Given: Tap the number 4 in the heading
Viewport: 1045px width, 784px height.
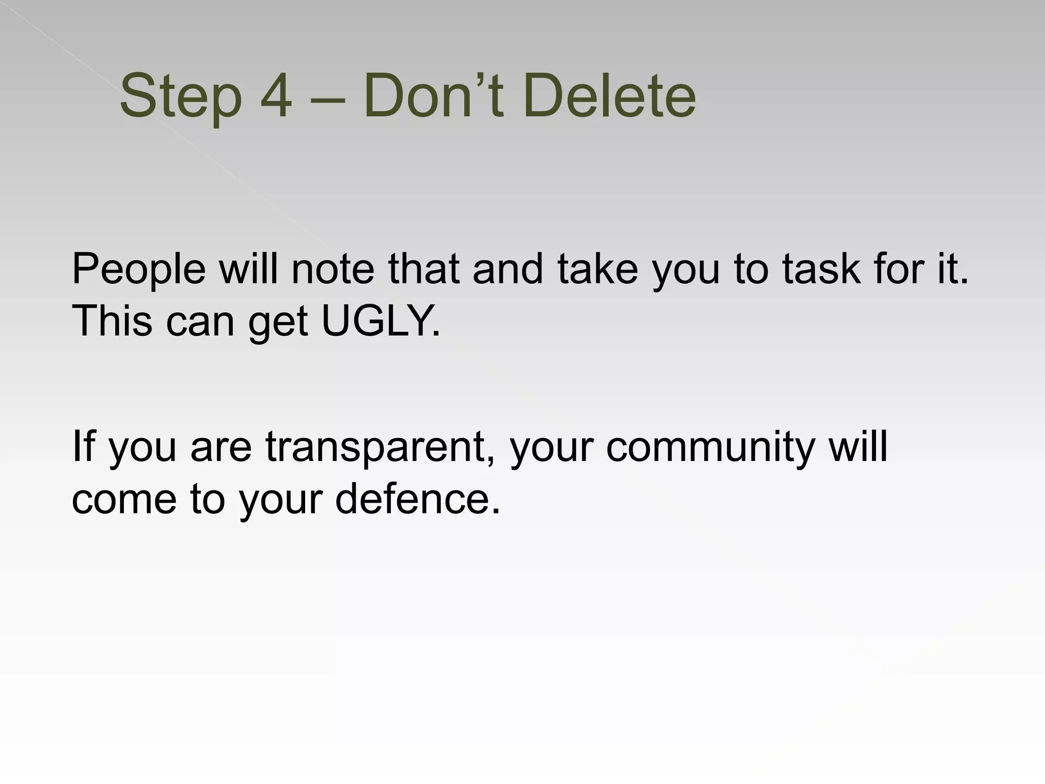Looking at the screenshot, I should click(x=276, y=96).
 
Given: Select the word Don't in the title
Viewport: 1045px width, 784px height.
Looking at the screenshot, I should click(x=434, y=96).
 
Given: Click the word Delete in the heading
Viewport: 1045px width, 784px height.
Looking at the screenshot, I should click(x=609, y=96).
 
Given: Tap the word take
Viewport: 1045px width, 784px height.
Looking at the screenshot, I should click(x=598, y=268).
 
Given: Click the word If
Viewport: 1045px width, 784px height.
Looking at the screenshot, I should click(x=83, y=446).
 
